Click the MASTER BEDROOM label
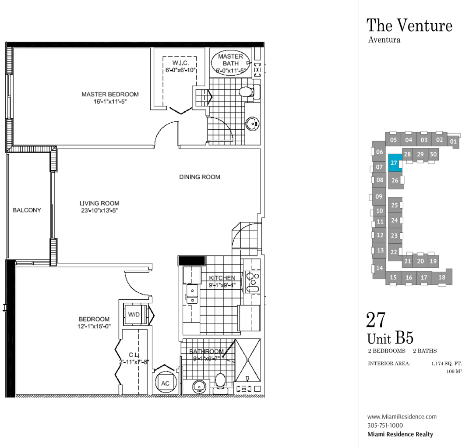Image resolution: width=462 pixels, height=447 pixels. [x=110, y=94]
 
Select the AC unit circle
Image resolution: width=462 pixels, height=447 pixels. [x=165, y=383]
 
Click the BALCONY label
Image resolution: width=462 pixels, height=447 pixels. [x=27, y=210]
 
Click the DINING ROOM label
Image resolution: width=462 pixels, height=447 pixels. [x=200, y=177]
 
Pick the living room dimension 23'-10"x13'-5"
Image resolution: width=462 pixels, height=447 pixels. [x=99, y=210]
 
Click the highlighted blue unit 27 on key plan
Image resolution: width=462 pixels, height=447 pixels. [x=395, y=163]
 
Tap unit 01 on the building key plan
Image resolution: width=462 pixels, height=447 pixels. [x=453, y=142]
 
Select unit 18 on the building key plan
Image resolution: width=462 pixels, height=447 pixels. [x=442, y=277]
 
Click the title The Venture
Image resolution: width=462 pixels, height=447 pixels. [x=409, y=25]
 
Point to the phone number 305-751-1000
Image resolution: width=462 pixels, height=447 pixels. [x=385, y=426]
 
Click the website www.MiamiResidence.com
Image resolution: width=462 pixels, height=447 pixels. [x=402, y=417]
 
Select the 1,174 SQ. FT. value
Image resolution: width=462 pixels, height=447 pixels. [x=446, y=364]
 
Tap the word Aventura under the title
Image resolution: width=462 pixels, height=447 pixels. [x=384, y=40]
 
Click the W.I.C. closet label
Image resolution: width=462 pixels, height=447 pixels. [x=180, y=63]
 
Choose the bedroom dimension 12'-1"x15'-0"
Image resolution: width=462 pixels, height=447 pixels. [x=94, y=326]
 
